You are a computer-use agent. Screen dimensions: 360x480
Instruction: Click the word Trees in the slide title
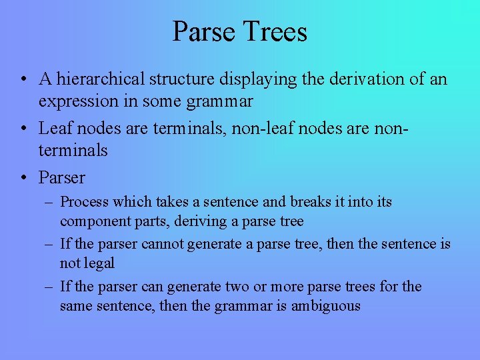(x=276, y=32)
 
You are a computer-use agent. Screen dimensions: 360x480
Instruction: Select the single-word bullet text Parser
(x=62, y=177)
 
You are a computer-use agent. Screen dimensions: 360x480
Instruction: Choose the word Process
(x=85, y=201)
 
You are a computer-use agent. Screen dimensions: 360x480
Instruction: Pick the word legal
(x=99, y=263)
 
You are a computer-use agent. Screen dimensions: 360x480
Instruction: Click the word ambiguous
(x=325, y=306)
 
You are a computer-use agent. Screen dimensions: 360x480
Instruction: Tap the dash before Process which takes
(x=49, y=201)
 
